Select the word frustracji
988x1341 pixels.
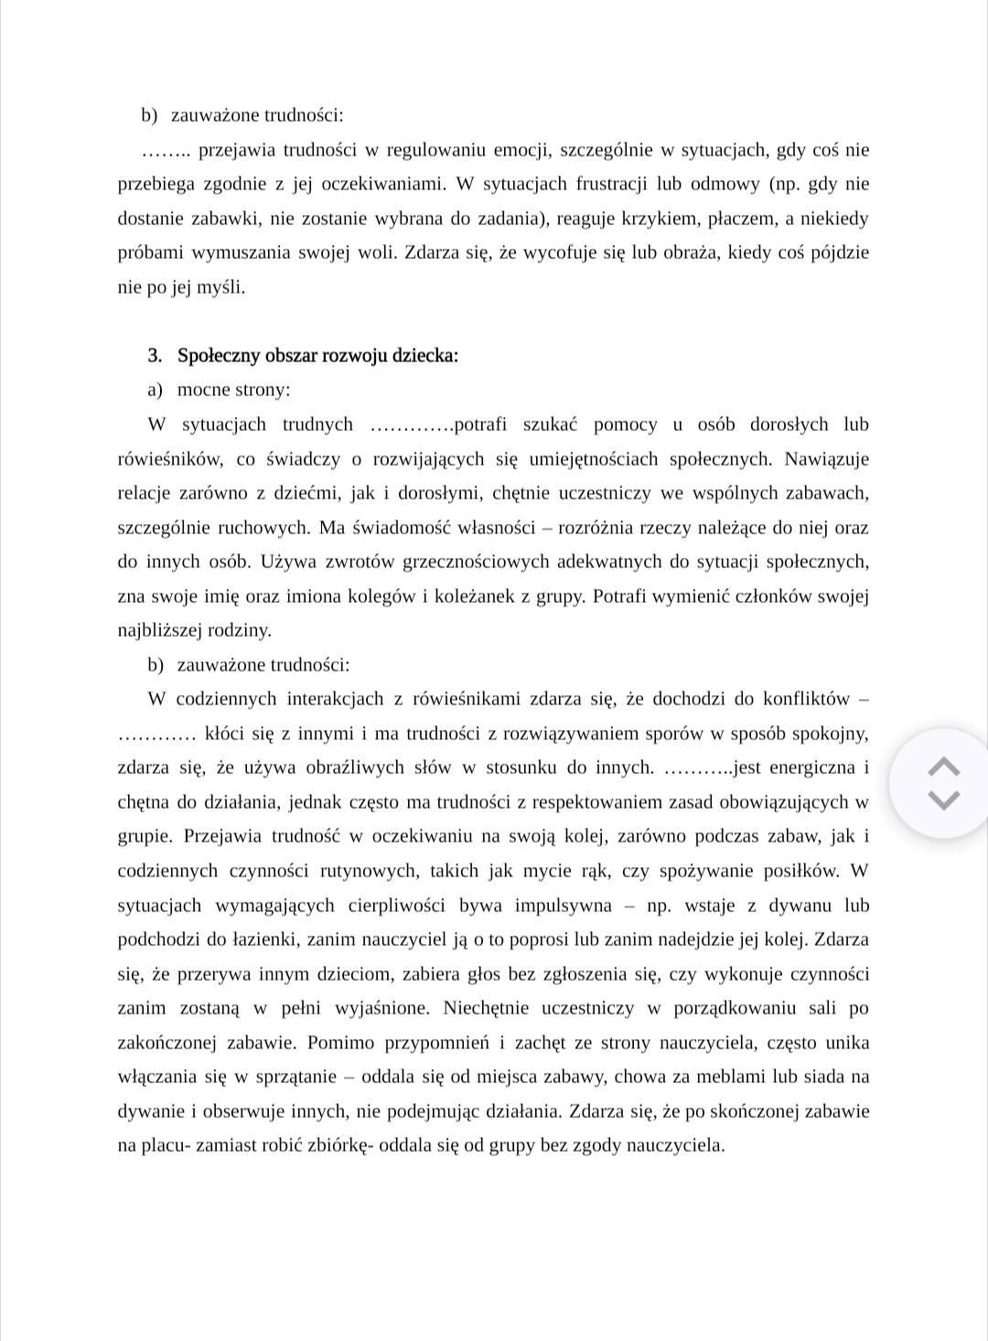613,184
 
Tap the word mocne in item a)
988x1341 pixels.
204,390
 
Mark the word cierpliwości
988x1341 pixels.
397,906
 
